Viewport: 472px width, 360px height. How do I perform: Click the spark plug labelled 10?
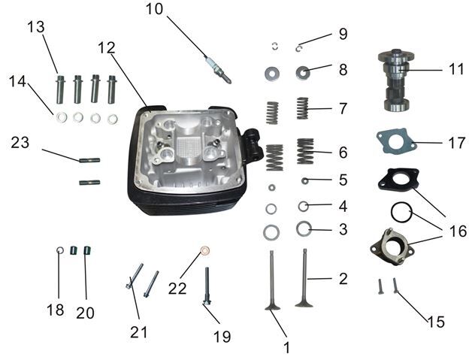(218, 71)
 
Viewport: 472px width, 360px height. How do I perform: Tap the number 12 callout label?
(107, 47)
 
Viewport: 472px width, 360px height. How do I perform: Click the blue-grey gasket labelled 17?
(396, 142)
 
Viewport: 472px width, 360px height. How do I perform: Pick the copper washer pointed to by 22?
(205, 250)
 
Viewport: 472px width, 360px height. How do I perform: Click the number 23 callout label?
(20, 142)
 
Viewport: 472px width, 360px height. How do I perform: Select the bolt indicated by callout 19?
(207, 286)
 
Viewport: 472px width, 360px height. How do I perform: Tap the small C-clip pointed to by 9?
(298, 48)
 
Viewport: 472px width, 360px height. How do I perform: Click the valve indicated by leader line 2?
(304, 277)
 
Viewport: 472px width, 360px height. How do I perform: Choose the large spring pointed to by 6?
(306, 151)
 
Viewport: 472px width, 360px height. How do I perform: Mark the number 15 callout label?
(436, 322)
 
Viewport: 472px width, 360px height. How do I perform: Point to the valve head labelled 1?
(272, 307)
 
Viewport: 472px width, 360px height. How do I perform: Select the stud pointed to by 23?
(89, 160)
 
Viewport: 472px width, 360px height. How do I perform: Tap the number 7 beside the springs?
(343, 108)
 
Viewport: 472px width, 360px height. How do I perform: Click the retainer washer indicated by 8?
(304, 72)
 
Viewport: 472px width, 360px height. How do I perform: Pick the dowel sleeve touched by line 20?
(87, 250)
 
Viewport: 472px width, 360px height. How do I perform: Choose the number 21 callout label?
(139, 332)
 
